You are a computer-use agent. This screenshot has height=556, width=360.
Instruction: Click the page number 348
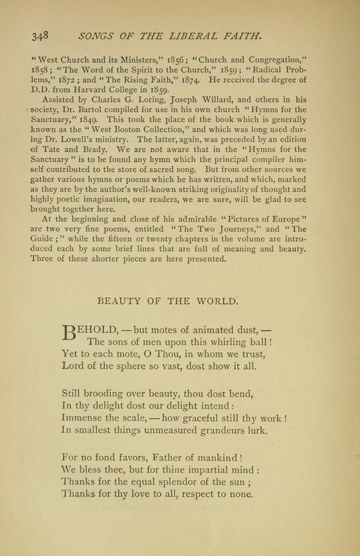click(x=40, y=36)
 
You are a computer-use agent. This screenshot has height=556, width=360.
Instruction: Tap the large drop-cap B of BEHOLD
click(x=68, y=333)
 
